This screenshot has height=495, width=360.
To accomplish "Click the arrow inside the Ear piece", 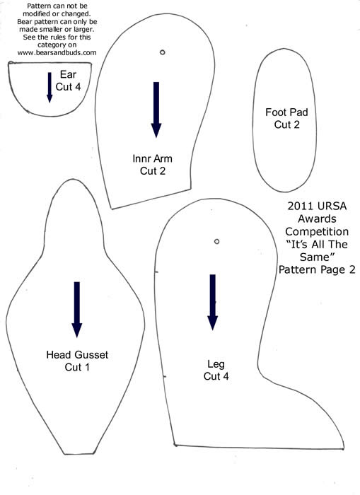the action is (x=50, y=88).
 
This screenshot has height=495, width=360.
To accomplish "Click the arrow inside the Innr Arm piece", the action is (x=156, y=110).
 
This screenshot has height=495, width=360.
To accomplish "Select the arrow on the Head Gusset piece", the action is (x=76, y=310).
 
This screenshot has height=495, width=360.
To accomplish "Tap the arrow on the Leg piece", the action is (x=213, y=302).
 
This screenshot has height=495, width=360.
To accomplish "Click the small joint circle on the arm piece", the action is (x=162, y=52).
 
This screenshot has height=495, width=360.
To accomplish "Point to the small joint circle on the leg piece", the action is (x=216, y=242).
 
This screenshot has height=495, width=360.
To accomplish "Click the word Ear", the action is (x=68, y=74).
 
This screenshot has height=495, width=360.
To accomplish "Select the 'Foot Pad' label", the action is (x=286, y=112).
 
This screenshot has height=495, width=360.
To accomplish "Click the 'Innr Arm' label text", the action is (x=153, y=158).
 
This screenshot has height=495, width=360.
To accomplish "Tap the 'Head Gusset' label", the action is (x=77, y=354).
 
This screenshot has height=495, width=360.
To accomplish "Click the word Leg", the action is (x=216, y=365).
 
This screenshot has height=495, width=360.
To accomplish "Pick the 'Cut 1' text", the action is (x=77, y=367).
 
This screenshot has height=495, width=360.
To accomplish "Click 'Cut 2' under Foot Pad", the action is (x=286, y=124).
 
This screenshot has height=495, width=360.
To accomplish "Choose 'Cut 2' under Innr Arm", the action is (x=153, y=171).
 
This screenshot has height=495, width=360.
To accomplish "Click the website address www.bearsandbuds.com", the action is (x=57, y=53).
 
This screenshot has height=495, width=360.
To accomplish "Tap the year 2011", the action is (x=298, y=206).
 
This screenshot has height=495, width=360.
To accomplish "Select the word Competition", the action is (x=317, y=232).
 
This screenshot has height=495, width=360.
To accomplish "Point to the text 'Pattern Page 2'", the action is (x=317, y=269).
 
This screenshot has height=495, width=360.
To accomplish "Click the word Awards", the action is (x=317, y=219).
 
